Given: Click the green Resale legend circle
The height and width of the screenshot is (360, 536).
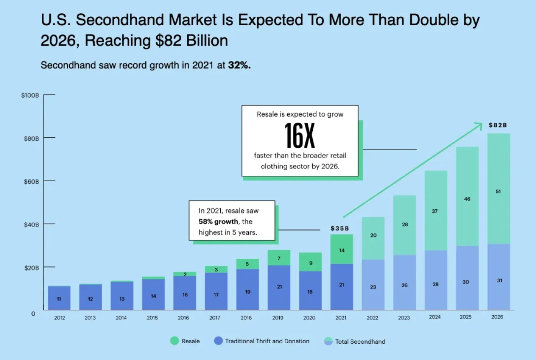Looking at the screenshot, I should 174,341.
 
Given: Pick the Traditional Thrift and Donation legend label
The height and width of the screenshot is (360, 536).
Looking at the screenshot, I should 267,341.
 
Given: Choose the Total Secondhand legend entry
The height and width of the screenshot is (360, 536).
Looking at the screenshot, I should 360,342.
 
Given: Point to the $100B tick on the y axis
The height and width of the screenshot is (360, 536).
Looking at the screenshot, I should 30,95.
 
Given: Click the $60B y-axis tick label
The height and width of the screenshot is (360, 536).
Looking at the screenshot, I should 30,181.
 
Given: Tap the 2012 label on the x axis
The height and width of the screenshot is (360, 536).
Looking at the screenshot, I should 59,318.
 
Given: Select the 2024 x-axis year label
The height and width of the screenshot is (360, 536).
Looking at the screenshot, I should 435,317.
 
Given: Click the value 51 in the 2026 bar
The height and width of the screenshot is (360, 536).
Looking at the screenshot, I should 498,191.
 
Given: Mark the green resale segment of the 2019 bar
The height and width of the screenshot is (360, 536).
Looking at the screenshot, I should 279,258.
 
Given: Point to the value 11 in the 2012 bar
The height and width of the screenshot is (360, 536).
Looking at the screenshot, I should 59,299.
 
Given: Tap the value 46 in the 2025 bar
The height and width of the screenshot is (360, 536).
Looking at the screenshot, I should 467,199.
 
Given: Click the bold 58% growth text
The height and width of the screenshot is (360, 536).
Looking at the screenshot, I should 218,221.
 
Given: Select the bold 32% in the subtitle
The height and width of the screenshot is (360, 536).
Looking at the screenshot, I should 239,66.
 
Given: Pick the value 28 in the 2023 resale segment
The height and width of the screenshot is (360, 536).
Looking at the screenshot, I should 405,224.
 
